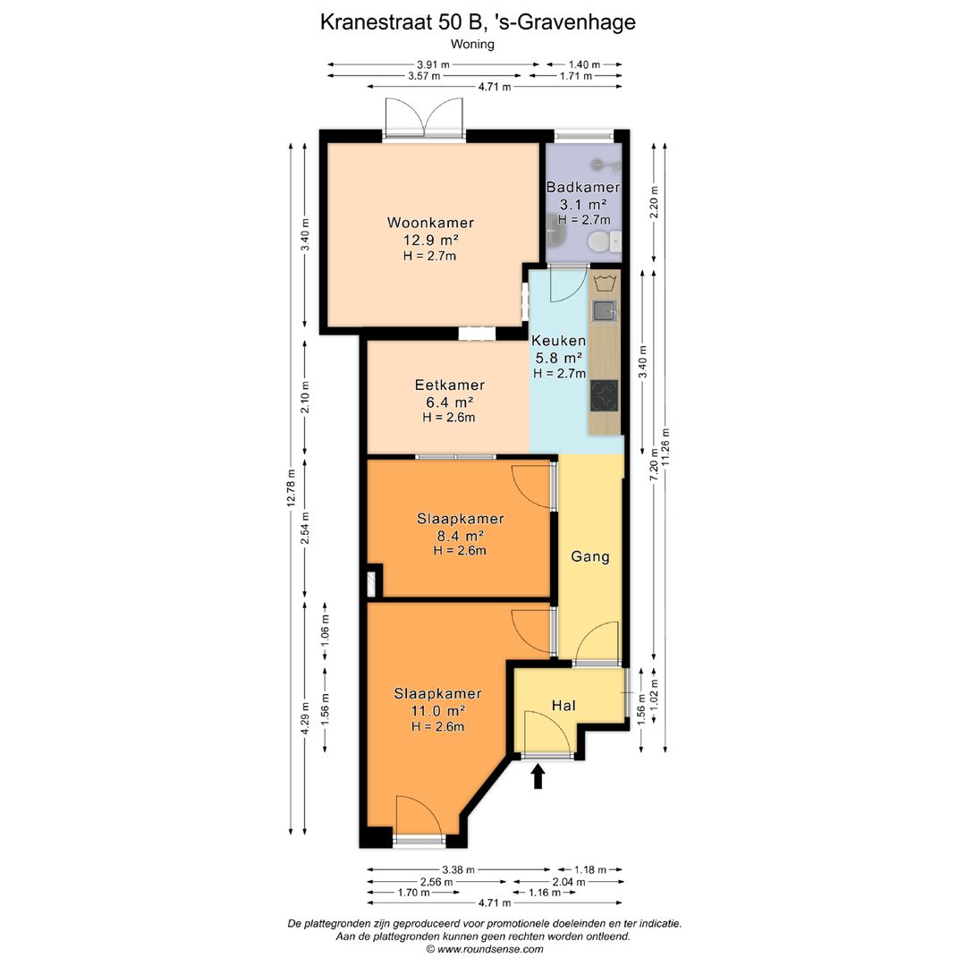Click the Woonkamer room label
point(430,223)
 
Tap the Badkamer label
point(583,187)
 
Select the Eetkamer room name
point(450,385)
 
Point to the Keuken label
point(559,341)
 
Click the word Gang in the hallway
point(590,557)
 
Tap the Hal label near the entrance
point(563,706)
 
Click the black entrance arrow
point(538,776)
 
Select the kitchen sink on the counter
point(605,311)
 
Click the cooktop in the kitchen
point(605,395)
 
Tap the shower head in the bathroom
point(597,165)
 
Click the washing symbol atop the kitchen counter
point(605,284)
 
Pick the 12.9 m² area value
point(430,241)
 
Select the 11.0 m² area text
point(438,711)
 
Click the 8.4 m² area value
point(460,536)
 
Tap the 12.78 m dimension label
point(291,488)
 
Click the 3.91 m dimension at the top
point(433,64)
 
